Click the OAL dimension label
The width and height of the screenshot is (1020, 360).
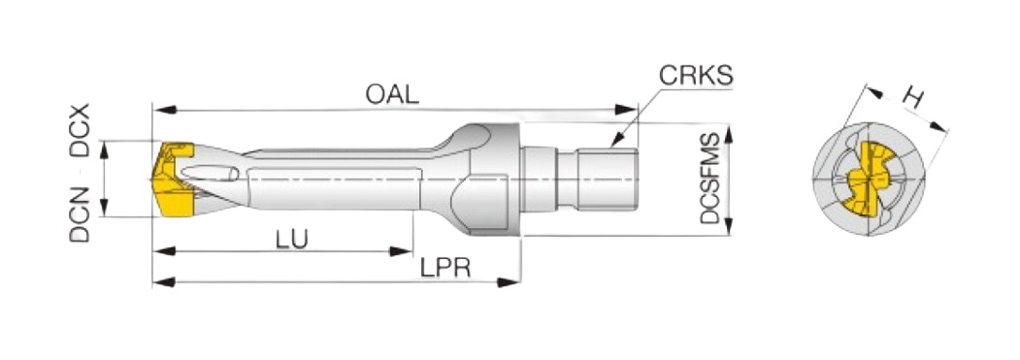pos(392,95)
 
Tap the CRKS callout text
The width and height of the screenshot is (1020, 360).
pos(696,76)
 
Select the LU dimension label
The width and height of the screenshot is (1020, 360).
pos(291,239)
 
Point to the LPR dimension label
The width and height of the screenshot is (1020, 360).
pos(444,268)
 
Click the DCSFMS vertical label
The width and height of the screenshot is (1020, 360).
pos(711,178)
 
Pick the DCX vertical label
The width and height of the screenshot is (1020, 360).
pos(80,130)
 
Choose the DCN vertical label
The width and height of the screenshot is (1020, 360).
pos(80,214)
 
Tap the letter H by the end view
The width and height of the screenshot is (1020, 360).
pos(913,98)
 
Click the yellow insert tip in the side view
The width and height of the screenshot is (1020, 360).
pos(171,180)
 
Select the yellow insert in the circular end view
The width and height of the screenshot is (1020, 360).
pos(869,179)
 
